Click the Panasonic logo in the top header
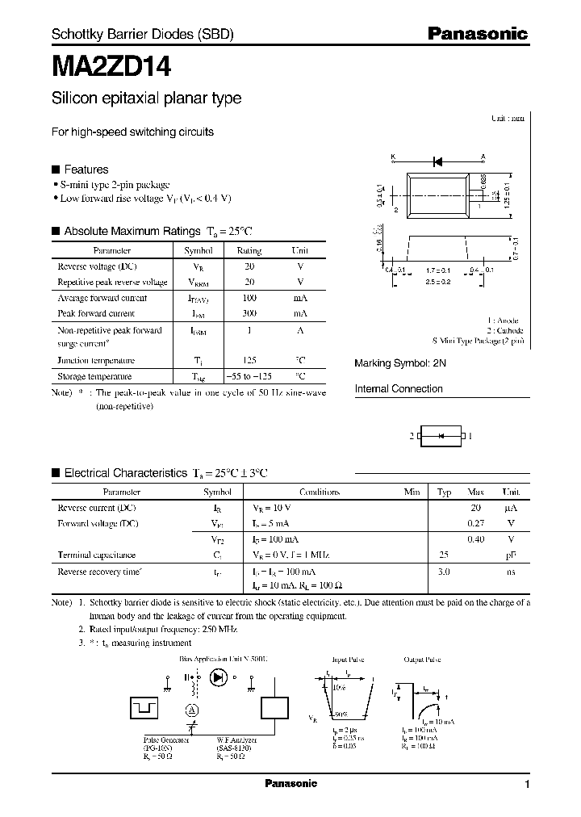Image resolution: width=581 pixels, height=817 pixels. tap(477, 34)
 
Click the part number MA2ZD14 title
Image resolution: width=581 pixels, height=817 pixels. tap(111, 65)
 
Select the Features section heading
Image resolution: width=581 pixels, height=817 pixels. tap(86, 170)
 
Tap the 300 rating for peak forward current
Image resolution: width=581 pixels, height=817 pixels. tap(249, 313)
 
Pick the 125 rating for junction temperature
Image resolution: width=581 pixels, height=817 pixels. tap(249, 361)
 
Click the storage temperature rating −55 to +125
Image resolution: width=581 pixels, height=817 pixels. tap(249, 376)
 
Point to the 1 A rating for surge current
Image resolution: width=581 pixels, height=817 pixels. tap(249, 330)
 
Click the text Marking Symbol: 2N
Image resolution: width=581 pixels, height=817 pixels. tap(400, 364)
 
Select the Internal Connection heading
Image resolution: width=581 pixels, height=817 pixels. tap(399, 389)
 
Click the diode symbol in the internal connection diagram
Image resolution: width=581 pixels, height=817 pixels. tap(441, 436)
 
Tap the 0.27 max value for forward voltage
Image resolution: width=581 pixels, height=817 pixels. tap(475, 523)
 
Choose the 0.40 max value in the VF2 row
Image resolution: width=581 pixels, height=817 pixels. tap(475, 539)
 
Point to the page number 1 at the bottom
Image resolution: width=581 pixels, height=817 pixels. tap(527, 785)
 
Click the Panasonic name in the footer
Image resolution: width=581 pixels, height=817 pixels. tap(290, 784)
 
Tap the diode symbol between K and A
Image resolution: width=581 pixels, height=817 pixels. tap(437, 158)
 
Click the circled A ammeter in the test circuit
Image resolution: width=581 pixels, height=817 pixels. tap(192, 710)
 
